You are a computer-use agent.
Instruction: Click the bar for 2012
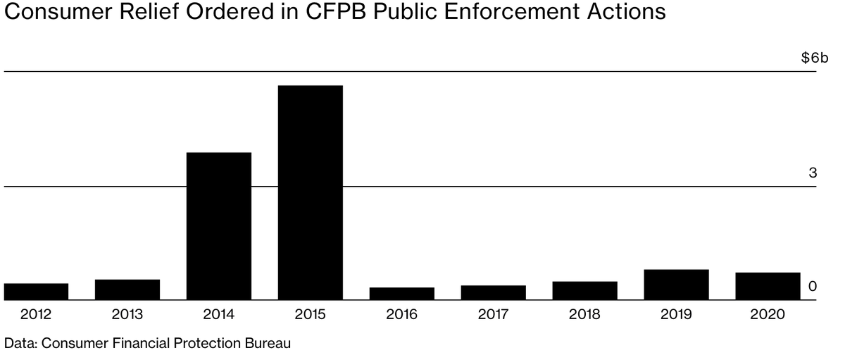(x=36, y=292)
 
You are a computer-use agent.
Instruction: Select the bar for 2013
(x=127, y=290)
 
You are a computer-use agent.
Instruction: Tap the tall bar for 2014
(x=219, y=226)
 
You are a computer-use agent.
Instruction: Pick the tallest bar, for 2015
(x=311, y=192)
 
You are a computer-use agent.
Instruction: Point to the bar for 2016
(x=401, y=294)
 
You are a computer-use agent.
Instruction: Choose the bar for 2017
(x=493, y=292)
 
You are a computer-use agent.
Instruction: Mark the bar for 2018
(x=584, y=290)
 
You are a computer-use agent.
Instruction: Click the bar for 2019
(x=676, y=285)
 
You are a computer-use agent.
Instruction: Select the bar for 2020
(x=768, y=286)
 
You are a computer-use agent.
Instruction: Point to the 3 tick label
(x=812, y=173)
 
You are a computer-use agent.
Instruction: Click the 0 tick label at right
(x=812, y=287)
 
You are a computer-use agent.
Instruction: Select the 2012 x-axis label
(x=36, y=314)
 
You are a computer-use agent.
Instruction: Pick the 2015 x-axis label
(x=311, y=314)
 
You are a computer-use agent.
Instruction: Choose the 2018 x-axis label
(x=584, y=314)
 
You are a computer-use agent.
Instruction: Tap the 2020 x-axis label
(x=768, y=314)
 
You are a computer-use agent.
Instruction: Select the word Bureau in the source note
(x=269, y=344)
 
